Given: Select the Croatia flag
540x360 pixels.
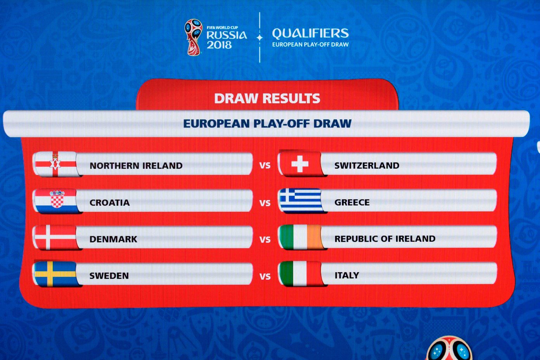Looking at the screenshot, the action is coord(56,201).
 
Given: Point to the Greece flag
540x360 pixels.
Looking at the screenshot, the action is coord(301,201).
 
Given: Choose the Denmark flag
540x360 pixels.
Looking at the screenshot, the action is coord(56,237).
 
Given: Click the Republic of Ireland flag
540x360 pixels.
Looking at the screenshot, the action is coord(301,237).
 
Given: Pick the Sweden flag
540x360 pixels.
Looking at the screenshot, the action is coord(56,274).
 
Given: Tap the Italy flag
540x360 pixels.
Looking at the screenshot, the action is coord(301,274).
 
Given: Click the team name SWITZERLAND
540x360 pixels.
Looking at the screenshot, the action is coord(367,166).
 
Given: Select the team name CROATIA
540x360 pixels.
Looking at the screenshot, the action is coord(109,202).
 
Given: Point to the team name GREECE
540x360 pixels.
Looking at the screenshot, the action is coord(352,202).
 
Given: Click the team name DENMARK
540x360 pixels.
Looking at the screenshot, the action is coord(113,239).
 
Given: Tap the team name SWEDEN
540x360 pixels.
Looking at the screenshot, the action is coord(109,276).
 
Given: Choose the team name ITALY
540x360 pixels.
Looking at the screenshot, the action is coord(347,275).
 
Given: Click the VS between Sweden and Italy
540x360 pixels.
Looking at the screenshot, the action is coord(265,276).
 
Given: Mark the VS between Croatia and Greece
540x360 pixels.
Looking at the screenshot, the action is coord(265,203).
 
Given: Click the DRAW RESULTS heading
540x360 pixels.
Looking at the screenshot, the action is coord(267,99).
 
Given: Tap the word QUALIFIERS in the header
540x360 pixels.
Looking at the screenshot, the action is coord(310,33).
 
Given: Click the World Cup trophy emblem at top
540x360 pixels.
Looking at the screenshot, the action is coord(193,37).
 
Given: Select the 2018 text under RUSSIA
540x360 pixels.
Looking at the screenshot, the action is coord(219,45).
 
